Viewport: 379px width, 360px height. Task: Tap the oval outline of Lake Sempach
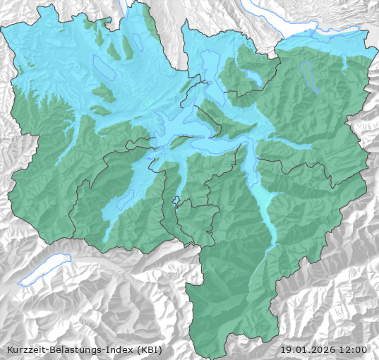(x=103, y=68)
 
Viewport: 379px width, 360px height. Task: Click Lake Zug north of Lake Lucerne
(x=210, y=71)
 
